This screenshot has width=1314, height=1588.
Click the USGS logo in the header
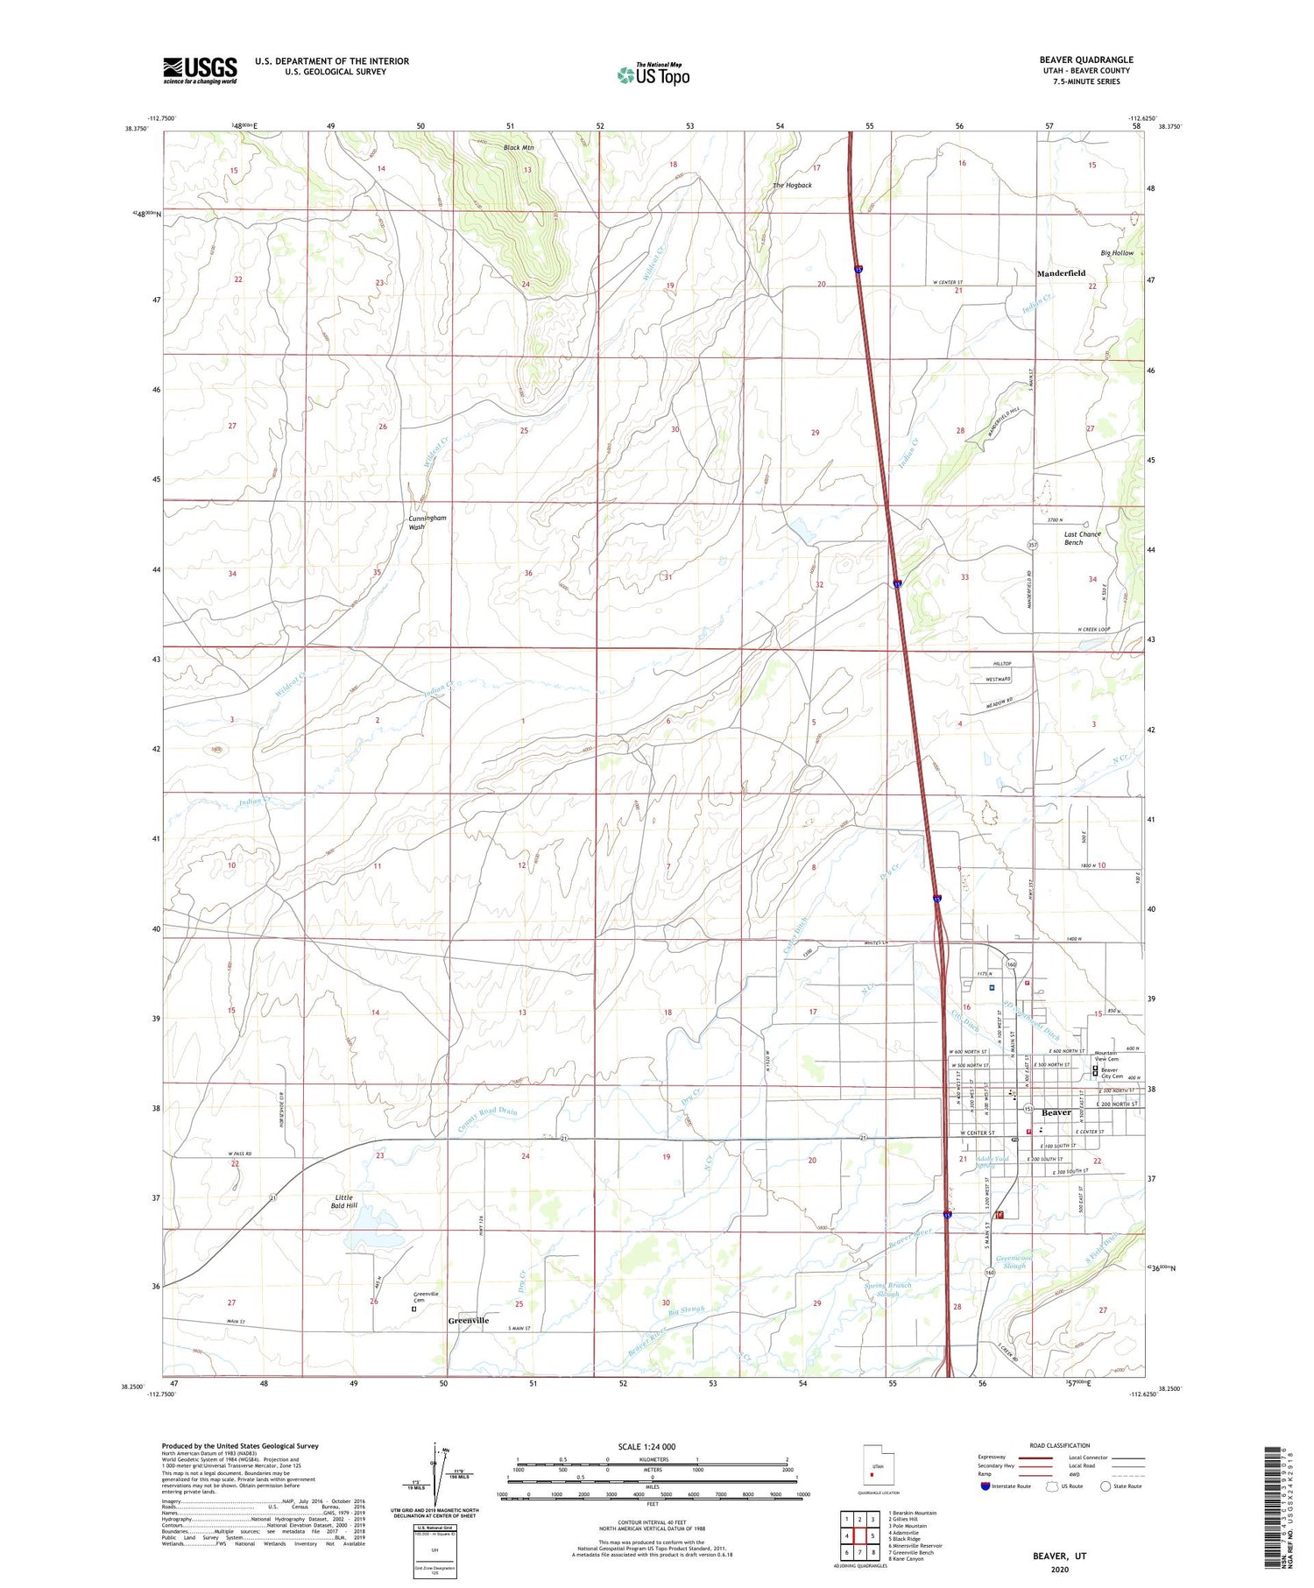(x=200, y=70)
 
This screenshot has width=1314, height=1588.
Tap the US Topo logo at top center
(x=653, y=74)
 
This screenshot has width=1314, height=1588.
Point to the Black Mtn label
(x=519, y=148)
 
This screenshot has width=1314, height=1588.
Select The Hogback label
(x=792, y=186)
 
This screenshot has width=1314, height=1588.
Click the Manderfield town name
(x=1061, y=273)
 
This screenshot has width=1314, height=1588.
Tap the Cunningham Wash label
(x=427, y=522)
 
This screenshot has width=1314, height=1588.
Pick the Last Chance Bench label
(x=1082, y=538)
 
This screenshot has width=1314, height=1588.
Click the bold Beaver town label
(x=1056, y=1112)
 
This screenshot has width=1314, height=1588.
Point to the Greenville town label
(x=469, y=1320)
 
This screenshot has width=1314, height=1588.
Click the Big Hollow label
(x=1117, y=253)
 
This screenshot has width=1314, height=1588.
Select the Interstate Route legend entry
(x=1005, y=1486)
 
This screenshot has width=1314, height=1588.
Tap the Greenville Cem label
(x=426, y=1297)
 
